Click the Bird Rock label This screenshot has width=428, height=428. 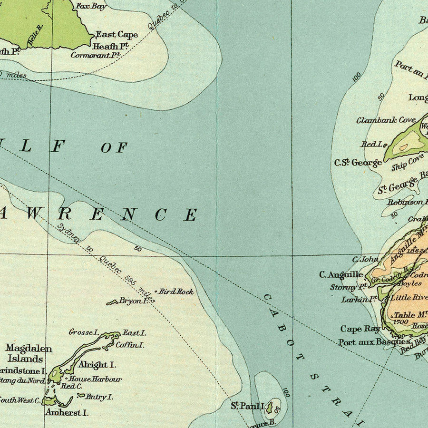pyautogui.click(x=176, y=292)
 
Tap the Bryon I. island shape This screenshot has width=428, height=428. pyautogui.click(x=113, y=302)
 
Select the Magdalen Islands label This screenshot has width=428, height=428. pyautogui.click(x=29, y=354)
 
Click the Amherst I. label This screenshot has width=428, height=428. pyautogui.click(x=67, y=413)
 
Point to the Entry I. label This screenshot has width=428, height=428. pyautogui.click(x=99, y=397)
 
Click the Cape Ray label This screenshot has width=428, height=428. pyautogui.click(x=360, y=329)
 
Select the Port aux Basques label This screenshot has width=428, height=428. pyautogui.click(x=374, y=342)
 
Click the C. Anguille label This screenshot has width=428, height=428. pyautogui.click(x=341, y=274)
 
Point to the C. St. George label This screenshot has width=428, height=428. pyautogui.click(x=358, y=163)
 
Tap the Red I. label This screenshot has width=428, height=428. pyautogui.click(x=372, y=144)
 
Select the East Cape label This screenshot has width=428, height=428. pyautogui.click(x=117, y=34)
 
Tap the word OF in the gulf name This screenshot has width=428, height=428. pyautogui.click(x=114, y=147)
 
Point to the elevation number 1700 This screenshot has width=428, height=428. pyautogui.click(x=401, y=322)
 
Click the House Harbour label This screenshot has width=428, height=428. pyautogui.click(x=95, y=379)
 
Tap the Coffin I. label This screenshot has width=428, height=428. pyautogui.click(x=130, y=345)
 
